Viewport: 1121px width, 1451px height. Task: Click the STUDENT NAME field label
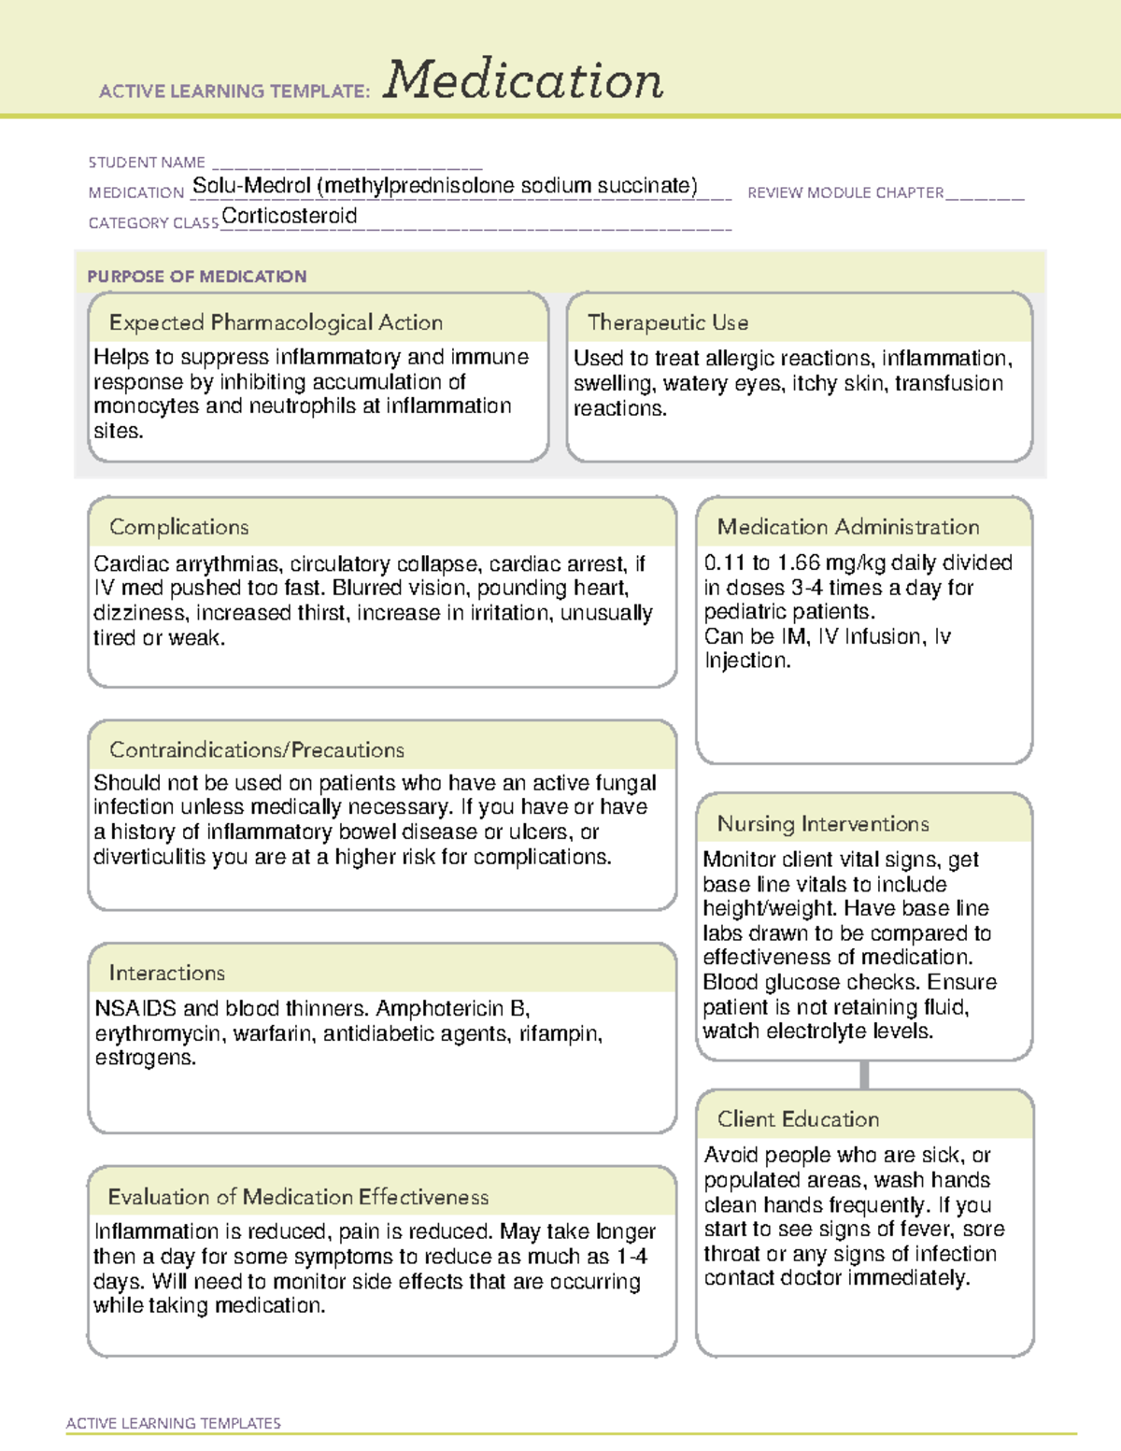tap(147, 163)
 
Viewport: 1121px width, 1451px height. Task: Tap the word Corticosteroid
tap(290, 216)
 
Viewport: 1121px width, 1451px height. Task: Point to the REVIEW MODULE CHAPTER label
tap(845, 192)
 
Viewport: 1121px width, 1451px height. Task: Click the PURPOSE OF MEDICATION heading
tap(197, 277)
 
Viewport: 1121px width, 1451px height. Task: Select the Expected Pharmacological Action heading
tap(276, 322)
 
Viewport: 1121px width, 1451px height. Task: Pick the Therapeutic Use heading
tap(668, 322)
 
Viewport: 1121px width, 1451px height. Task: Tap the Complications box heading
tap(179, 527)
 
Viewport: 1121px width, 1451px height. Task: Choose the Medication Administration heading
tap(848, 527)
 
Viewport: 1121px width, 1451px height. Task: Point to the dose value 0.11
tap(724, 562)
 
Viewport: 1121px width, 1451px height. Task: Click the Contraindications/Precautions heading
tap(257, 750)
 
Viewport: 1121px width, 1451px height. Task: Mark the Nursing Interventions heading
tap(823, 824)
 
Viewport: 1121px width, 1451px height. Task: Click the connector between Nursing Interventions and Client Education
tap(864, 1075)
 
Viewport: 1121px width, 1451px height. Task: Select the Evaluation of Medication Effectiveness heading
tap(298, 1197)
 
